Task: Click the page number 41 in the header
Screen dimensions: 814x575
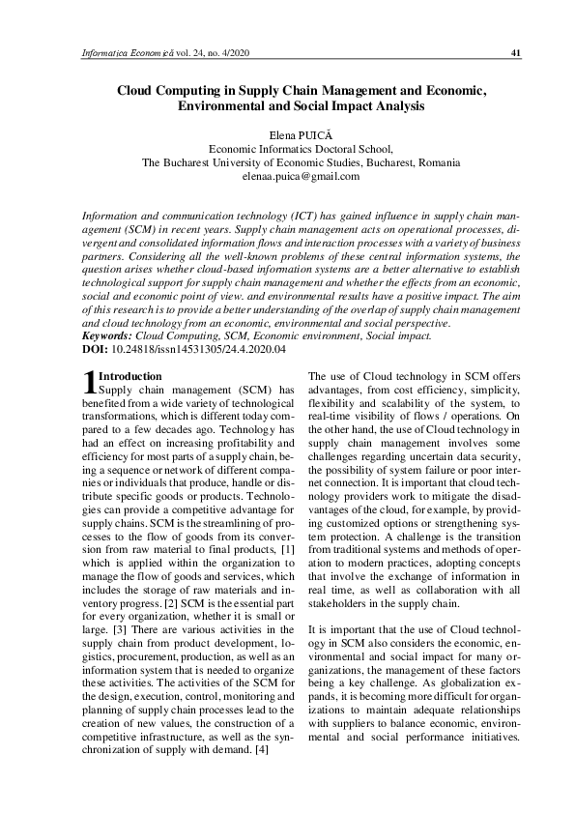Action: click(516, 53)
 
